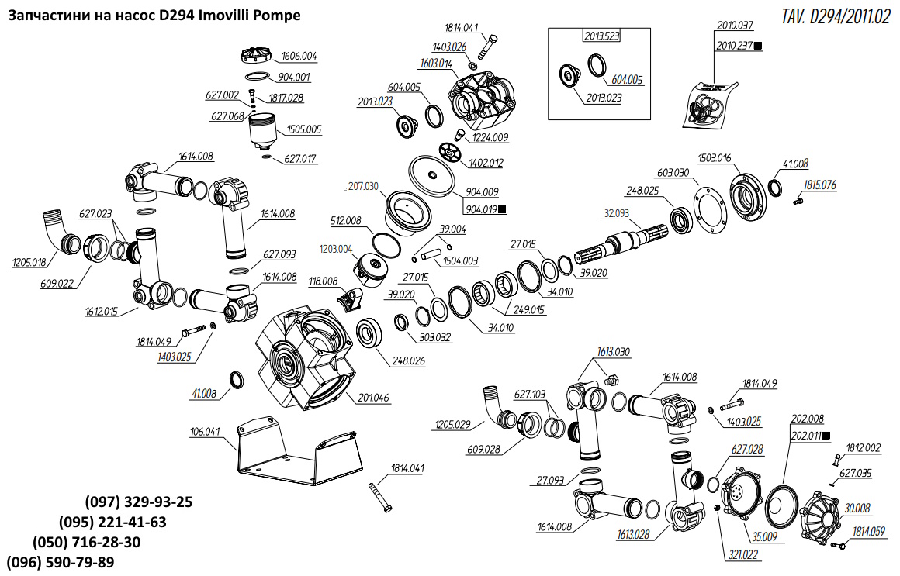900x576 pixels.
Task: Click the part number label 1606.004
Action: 298,57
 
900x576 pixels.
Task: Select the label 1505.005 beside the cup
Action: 304,129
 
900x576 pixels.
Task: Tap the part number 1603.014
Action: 436,64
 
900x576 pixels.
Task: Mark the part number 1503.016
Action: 715,158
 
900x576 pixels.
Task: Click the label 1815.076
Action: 819,185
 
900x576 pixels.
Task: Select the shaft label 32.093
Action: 617,212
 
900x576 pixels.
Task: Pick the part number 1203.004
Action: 335,249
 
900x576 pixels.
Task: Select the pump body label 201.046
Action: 373,398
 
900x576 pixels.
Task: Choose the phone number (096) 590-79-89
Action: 61,561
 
